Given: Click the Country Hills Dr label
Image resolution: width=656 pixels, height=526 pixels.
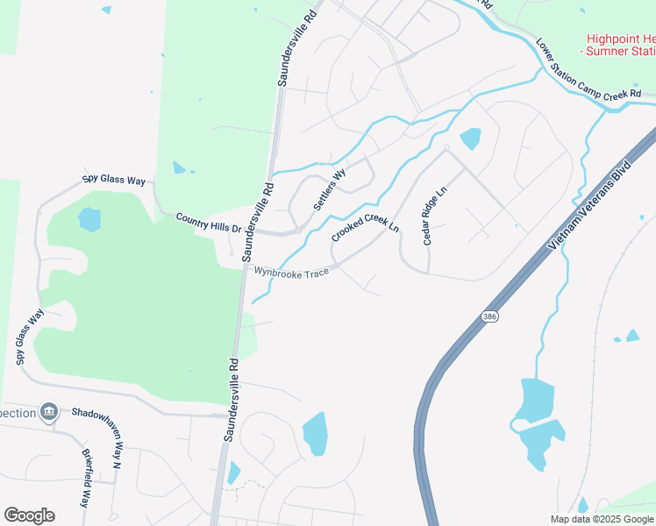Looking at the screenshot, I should [208, 222].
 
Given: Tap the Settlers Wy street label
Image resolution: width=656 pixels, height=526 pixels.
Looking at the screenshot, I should [330, 189].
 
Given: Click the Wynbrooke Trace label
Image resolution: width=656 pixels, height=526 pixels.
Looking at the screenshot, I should [292, 272].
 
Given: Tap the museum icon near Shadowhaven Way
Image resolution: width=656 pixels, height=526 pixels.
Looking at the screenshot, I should [49, 412].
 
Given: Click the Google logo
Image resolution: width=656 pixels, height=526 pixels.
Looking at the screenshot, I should [29, 515].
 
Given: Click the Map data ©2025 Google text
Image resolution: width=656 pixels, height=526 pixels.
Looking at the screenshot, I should [603, 519].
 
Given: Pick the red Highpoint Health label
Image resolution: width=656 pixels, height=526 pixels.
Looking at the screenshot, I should [620, 45].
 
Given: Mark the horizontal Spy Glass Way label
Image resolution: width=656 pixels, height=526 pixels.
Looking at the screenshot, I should [114, 180].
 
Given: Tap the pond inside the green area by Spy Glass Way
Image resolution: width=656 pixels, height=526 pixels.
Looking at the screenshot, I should [89, 219].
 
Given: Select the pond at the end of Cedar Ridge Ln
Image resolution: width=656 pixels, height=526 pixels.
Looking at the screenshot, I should [470, 139].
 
